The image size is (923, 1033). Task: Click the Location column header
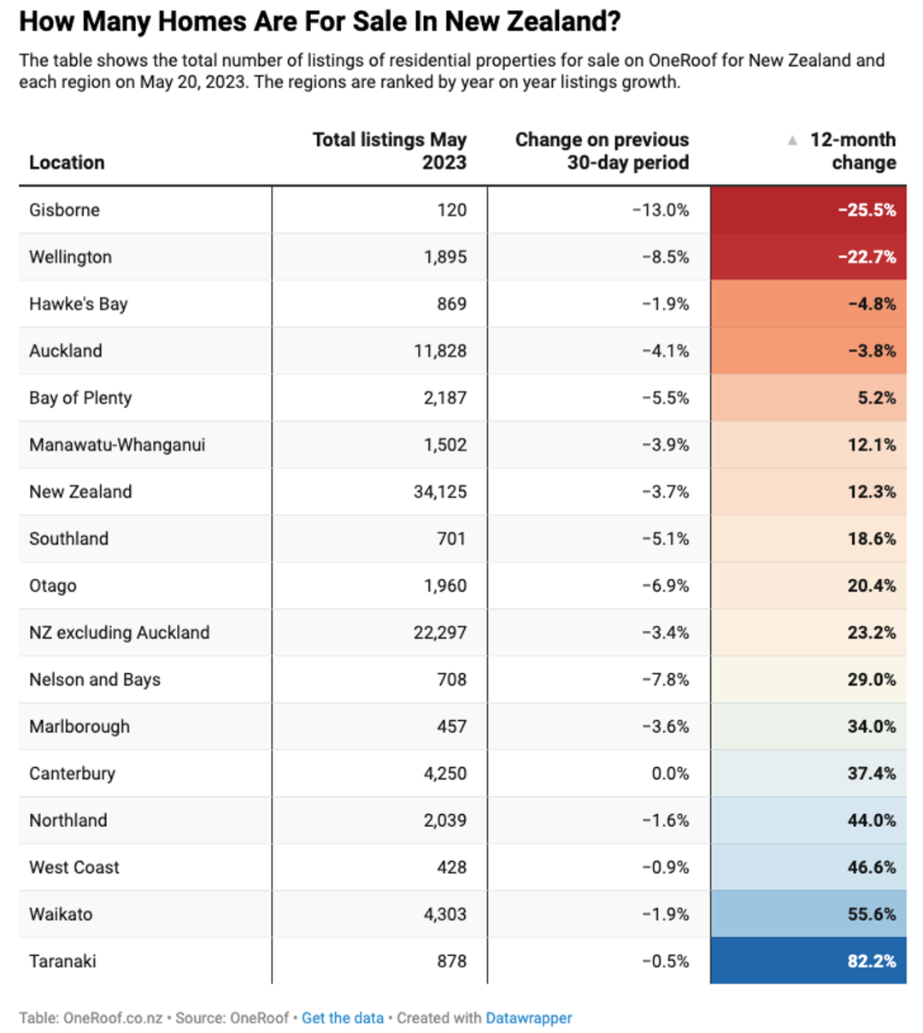coord(67,162)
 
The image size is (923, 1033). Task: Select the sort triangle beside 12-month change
coord(791,139)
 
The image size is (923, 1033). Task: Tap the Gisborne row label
coord(64,210)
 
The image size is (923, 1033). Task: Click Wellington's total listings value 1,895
coord(445,257)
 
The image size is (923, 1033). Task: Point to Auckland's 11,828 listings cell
coord(440,351)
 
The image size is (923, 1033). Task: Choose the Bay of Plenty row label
coord(80,397)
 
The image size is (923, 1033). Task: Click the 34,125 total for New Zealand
coord(440,491)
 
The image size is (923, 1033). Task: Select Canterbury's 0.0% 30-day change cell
coord(670,773)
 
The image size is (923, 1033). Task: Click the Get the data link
coord(343,1018)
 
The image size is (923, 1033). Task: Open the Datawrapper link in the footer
coord(528,1018)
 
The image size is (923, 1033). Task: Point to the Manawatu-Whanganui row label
coord(117,444)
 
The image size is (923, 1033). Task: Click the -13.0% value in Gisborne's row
coord(661,210)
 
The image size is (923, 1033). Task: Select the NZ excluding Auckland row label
coord(120,632)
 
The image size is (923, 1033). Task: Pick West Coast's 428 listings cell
coord(451,867)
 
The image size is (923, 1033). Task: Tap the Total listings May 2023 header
coord(390,151)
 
